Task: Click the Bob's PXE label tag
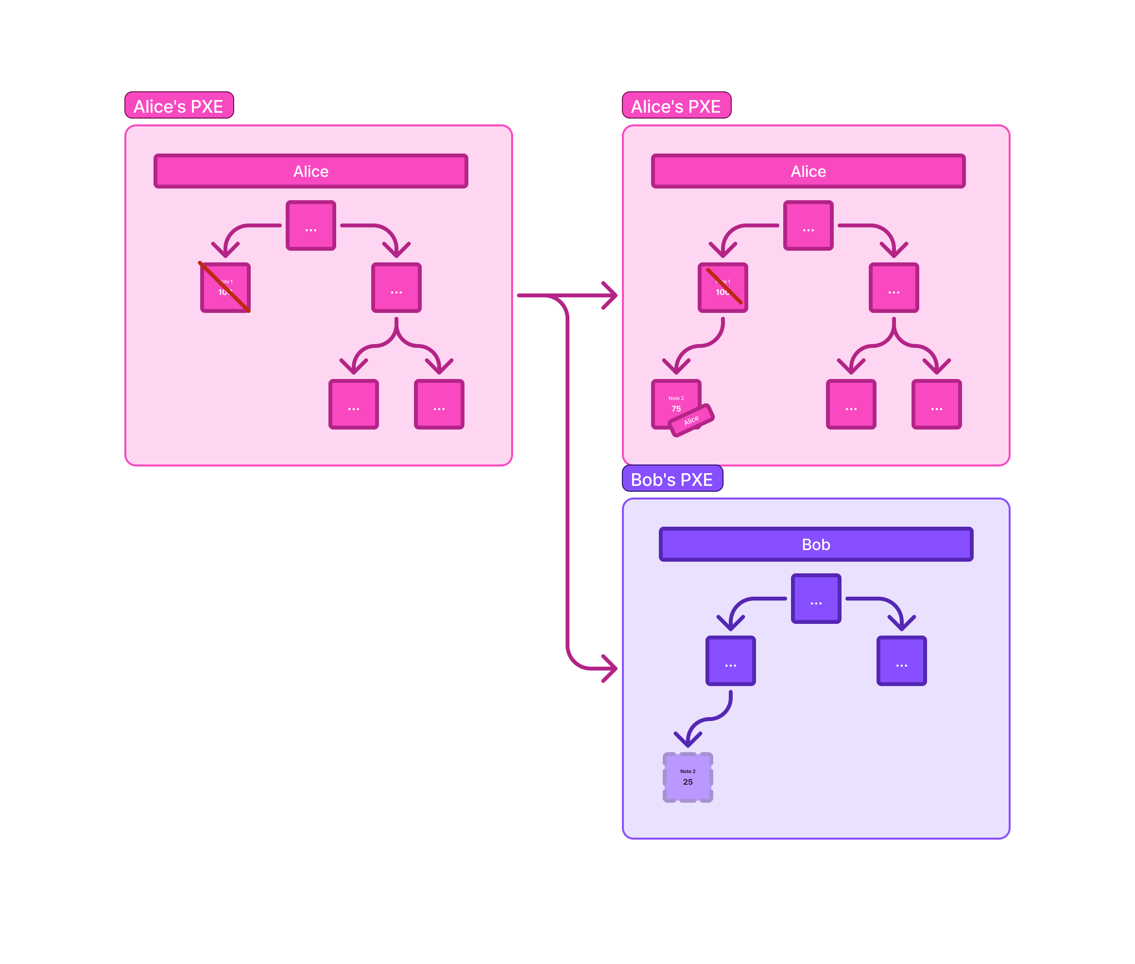(x=671, y=479)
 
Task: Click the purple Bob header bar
(x=815, y=544)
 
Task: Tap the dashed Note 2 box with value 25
(x=688, y=777)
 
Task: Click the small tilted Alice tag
(x=691, y=420)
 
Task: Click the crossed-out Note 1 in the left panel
(x=225, y=288)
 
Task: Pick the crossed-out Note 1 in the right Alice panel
(x=722, y=288)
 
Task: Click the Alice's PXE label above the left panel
(x=179, y=105)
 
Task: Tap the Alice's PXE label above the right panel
(x=676, y=105)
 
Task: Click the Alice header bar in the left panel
(x=310, y=171)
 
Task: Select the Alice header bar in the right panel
(x=808, y=171)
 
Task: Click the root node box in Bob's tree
(x=815, y=599)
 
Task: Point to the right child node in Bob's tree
(x=901, y=660)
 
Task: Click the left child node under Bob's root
(x=730, y=660)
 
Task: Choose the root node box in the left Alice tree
(x=310, y=225)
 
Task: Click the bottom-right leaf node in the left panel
(x=439, y=404)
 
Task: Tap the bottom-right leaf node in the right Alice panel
(x=936, y=404)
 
